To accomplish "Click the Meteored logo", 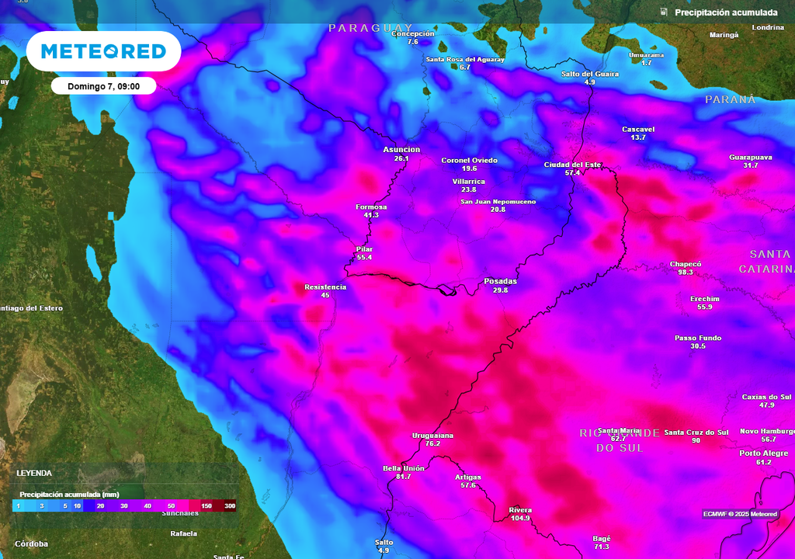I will pos(103,51).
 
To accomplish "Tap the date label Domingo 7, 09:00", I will pos(103,86).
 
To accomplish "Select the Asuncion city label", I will pos(401,149).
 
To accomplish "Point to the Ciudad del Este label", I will pos(572,165).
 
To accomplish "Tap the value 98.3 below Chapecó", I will pos(685,273).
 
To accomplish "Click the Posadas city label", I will pos(500,281).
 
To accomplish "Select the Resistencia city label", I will pos(325,286).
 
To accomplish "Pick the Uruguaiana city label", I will pos(432,436).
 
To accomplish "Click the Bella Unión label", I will pos(403,468).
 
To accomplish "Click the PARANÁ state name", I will pos(730,99).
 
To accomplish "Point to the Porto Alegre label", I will pos(764,453).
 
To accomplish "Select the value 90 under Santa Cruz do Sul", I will pos(696,441).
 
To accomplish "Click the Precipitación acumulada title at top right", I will pos(725,12).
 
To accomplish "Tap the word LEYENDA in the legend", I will pos(34,473).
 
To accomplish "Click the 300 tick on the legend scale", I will pos(230,505).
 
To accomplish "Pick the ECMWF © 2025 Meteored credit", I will pos(740,514).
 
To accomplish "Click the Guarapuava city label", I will pos(750,157).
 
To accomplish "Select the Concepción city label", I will pos(412,33).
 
